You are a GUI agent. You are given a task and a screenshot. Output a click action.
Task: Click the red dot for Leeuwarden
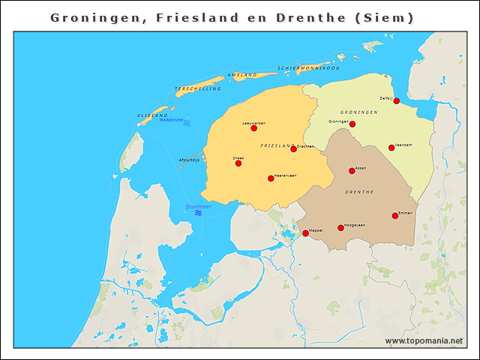254,128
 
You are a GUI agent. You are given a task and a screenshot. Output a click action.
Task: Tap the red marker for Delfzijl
396,101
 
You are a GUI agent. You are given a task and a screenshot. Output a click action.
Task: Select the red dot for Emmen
395,216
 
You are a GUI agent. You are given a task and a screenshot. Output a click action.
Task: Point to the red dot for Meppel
305,233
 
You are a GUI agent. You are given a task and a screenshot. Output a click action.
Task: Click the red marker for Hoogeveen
340,228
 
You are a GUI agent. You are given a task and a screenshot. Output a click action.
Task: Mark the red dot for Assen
352,171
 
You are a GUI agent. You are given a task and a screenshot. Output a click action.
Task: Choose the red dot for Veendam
391,148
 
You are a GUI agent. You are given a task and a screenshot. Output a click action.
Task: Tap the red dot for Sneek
238,163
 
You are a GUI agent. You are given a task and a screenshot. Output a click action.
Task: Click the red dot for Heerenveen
271,178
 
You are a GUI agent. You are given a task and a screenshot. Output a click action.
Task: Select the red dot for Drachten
293,149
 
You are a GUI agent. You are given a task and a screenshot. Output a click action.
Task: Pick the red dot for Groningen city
352,124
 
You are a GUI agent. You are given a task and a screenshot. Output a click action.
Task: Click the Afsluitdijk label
189,160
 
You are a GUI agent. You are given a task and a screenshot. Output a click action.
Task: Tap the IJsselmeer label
198,206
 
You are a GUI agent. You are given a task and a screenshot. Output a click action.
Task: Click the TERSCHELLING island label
198,88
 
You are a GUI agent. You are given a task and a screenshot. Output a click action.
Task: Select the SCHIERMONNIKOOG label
308,68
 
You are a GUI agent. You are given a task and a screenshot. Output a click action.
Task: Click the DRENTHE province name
358,192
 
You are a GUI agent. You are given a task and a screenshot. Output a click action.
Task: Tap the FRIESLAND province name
275,145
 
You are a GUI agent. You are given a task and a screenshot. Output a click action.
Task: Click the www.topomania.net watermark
424,340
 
